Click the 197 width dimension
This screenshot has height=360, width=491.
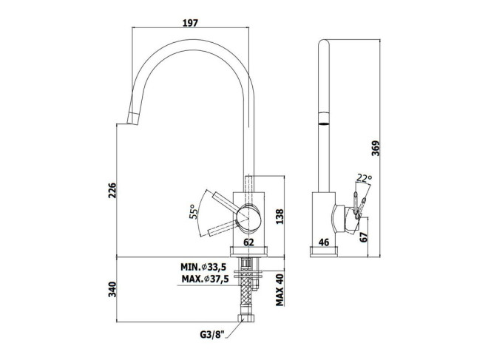click(190, 22)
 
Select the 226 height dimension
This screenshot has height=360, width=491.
click(112, 190)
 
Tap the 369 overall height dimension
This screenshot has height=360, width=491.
click(376, 148)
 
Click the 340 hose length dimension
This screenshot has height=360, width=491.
click(112, 290)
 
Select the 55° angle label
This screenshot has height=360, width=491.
click(194, 211)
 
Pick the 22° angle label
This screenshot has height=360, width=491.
click(364, 178)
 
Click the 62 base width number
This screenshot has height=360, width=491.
click(248, 242)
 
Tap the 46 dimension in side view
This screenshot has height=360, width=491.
click(324, 242)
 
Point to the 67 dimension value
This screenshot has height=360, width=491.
click(363, 237)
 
